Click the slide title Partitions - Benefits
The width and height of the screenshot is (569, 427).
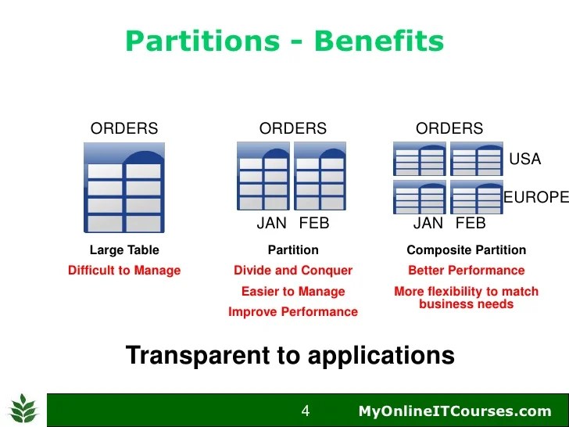click(284, 41)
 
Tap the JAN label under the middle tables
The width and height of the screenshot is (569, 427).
click(272, 224)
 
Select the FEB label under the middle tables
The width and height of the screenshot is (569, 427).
click(314, 224)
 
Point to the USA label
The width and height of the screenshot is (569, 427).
click(524, 160)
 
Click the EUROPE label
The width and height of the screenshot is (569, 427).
click(535, 198)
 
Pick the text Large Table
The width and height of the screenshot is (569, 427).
click(124, 250)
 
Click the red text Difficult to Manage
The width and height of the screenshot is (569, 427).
click(124, 271)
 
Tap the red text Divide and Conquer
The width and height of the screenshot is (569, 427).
click(293, 271)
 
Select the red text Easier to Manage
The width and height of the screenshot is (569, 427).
click(293, 292)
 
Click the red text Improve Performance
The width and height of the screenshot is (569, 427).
click(293, 312)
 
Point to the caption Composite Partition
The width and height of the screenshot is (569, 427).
click(467, 250)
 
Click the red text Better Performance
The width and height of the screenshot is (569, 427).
click(467, 271)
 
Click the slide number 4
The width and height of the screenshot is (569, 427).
click(306, 411)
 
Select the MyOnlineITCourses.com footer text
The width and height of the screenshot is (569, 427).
click(455, 411)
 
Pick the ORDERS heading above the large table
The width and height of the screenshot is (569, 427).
click(124, 129)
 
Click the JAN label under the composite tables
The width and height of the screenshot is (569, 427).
click(428, 224)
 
